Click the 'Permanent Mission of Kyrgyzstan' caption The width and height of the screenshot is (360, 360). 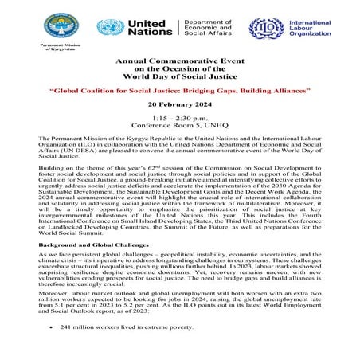click(61, 50)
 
